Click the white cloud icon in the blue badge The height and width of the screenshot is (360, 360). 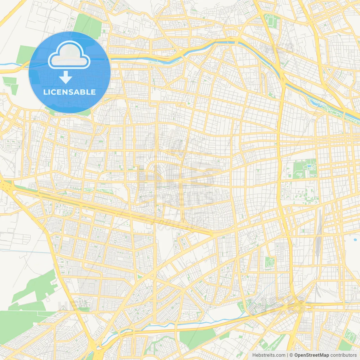coord(69,56)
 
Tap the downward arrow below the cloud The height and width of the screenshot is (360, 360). coord(66,77)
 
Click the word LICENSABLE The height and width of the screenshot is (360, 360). coord(69,92)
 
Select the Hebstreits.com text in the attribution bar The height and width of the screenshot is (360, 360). coord(269,355)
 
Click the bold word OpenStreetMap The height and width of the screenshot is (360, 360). coord(311,355)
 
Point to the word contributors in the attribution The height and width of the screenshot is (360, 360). coord(343,355)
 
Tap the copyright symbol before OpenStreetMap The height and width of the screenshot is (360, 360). coord(291,355)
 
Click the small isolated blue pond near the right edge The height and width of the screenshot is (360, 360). coord(355,240)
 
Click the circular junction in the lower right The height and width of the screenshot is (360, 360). coord(301,305)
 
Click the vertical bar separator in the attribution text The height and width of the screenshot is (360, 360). coord(287,355)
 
